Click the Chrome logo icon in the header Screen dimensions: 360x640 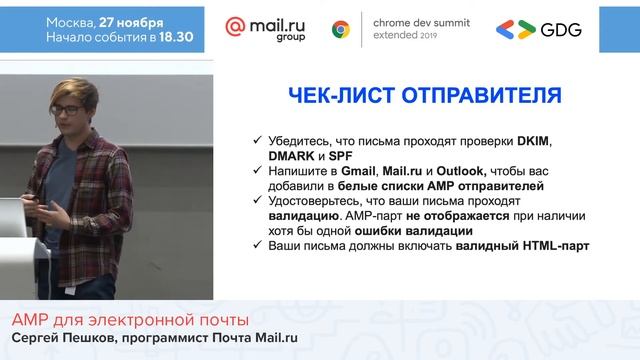(341, 29)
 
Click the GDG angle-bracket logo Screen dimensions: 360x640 (516, 29)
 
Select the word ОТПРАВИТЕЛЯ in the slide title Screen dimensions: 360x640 (480, 96)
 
